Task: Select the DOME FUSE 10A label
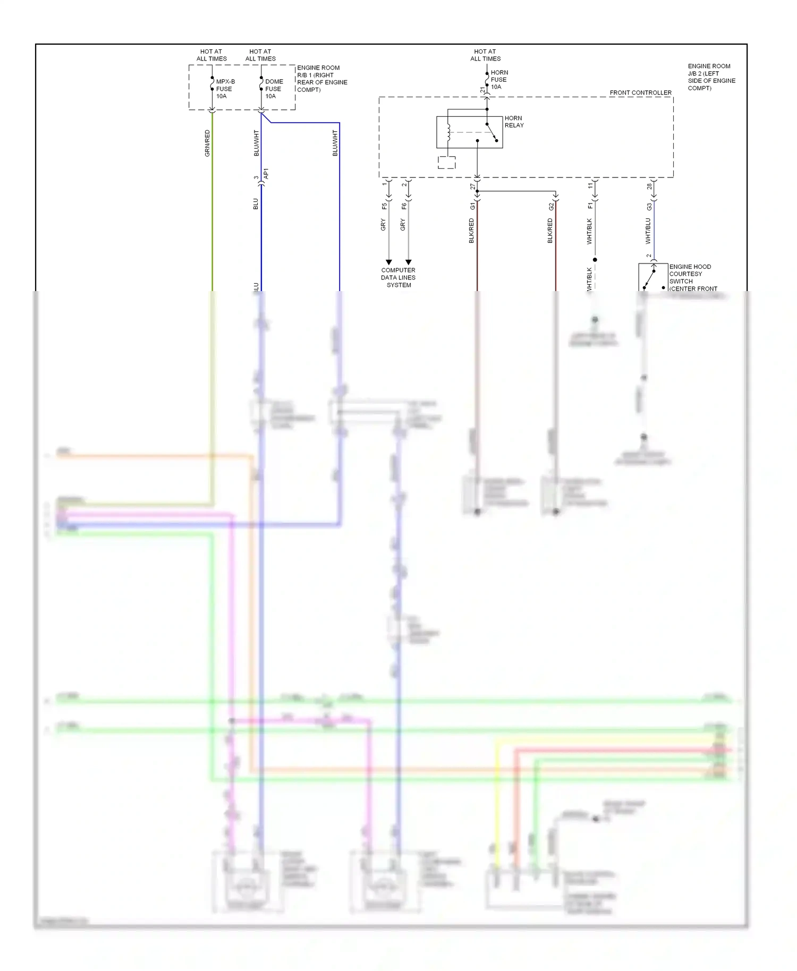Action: point(274,89)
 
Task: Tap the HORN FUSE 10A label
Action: point(498,80)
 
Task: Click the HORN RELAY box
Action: point(469,132)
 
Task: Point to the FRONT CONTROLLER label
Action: point(640,93)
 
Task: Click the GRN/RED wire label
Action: point(207,143)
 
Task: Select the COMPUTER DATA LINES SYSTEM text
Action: point(398,278)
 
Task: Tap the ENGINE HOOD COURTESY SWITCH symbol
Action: point(652,277)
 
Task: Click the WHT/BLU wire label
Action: point(648,231)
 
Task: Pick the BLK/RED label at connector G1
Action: point(471,231)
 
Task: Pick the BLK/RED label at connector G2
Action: point(550,231)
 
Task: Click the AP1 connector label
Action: point(266,173)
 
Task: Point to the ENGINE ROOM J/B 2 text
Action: point(711,77)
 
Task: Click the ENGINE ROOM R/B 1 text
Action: point(321,79)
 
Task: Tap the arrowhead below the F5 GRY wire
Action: point(388,262)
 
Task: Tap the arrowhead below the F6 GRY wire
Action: point(408,262)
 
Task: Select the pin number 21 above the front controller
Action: point(482,90)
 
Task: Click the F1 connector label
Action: point(590,206)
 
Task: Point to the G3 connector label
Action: point(649,206)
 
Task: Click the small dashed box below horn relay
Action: point(446,163)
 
